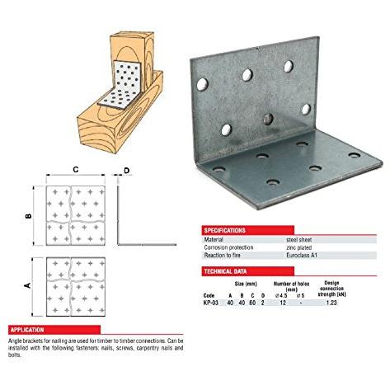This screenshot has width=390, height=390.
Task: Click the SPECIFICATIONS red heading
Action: (224, 230)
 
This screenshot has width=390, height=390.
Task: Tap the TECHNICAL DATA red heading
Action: (225, 271)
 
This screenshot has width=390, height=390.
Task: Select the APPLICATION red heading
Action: (27, 330)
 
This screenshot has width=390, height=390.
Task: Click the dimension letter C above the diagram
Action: (76, 170)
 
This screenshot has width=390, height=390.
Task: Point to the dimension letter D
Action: (126, 171)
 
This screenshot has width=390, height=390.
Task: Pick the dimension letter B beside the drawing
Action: (28, 216)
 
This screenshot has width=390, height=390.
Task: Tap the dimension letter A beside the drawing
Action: (27, 285)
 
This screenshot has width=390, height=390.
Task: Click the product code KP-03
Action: (211, 303)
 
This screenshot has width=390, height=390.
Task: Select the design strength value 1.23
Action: (331, 303)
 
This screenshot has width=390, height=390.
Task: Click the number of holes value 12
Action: (283, 303)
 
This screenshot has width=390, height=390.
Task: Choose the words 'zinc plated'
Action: (299, 247)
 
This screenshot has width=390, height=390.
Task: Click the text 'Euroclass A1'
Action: (302, 256)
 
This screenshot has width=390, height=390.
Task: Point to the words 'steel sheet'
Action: (299, 240)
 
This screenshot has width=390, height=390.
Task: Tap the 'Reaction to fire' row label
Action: (222, 256)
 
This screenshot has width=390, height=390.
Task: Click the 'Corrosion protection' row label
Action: (228, 247)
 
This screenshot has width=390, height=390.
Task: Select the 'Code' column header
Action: (209, 295)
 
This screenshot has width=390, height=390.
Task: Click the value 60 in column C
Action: (252, 303)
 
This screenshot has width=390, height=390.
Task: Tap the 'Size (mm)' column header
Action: (246, 284)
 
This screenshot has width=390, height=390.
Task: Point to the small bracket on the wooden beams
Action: (120, 85)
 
